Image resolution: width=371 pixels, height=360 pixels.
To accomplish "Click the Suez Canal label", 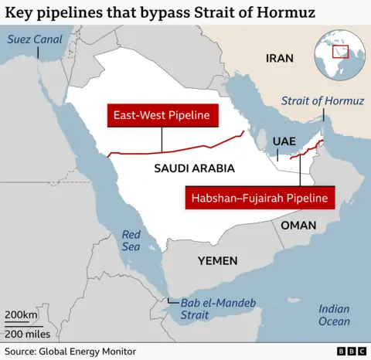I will coord(36,39).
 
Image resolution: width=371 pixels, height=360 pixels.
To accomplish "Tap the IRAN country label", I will coord(280,58).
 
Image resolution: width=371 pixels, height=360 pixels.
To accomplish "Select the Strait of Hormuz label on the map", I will coord(322,100).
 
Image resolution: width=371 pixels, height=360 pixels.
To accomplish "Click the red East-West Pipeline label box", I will coord(162,116).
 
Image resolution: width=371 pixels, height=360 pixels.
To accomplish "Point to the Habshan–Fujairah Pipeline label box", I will coord(260,199).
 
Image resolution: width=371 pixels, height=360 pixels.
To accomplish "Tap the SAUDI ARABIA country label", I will coord(194,168).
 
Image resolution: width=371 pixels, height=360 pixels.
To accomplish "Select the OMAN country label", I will coord(298,225).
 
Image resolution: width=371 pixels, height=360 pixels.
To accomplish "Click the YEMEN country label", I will coord(217,260).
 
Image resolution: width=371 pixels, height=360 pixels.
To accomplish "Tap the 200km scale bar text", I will coord(21,315).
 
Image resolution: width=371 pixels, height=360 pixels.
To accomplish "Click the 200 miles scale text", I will coord(27,334).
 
